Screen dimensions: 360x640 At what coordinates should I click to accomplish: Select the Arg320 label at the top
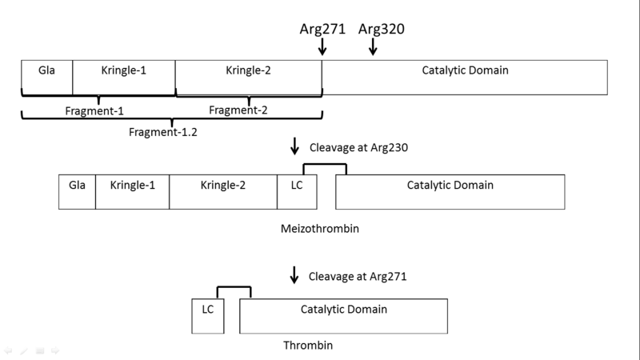coord(381,29)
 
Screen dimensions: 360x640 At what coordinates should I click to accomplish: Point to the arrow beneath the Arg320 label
coord(373,48)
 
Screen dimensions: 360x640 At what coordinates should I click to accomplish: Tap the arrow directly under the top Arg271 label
coord(322,48)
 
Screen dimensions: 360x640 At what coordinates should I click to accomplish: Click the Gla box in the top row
coord(47,77)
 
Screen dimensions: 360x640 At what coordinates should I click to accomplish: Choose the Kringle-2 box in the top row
coord(249,77)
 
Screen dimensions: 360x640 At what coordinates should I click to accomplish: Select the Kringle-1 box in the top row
coord(124,77)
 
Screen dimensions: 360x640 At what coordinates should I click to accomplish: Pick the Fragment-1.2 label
coord(163,133)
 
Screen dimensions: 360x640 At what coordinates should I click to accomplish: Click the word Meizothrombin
coord(319,228)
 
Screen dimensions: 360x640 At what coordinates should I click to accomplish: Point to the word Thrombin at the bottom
coord(308,346)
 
